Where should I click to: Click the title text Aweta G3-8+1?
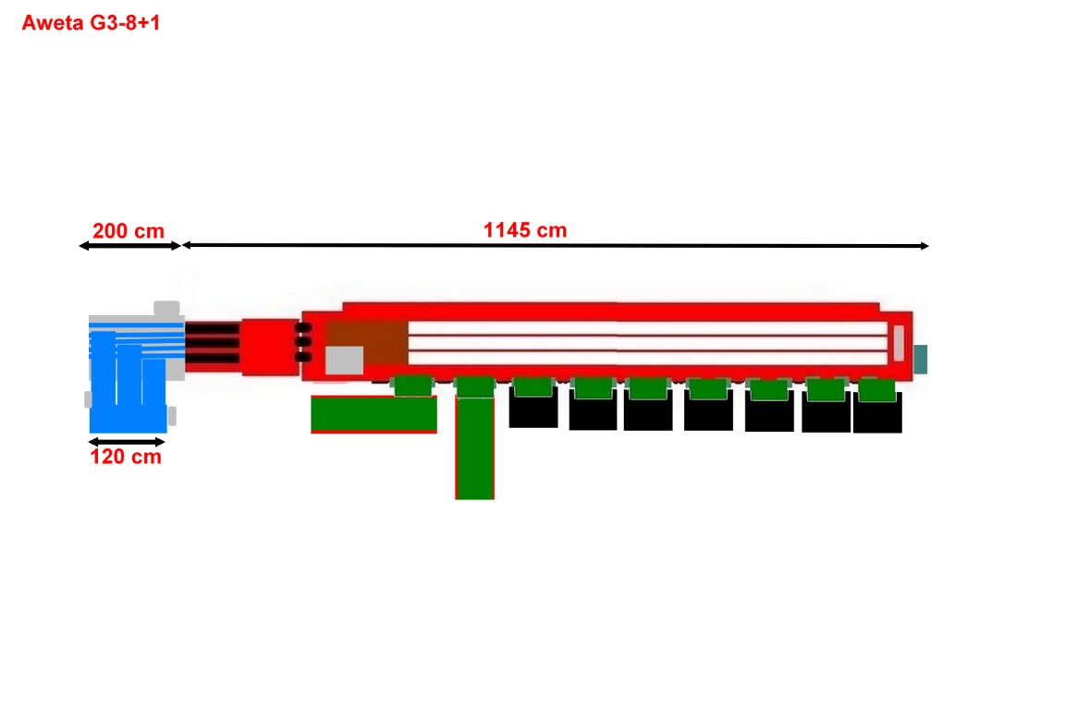(x=91, y=22)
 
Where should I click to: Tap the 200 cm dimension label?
(x=129, y=231)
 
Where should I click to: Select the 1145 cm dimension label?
(x=525, y=230)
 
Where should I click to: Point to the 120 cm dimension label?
(x=126, y=457)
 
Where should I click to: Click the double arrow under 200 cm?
(x=129, y=246)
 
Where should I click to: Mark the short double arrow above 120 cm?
(x=127, y=442)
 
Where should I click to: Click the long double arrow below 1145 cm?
(x=556, y=245)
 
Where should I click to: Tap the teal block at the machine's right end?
(x=921, y=360)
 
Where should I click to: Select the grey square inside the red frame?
(x=344, y=361)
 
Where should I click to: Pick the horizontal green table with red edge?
(x=373, y=414)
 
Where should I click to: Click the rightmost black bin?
(x=877, y=412)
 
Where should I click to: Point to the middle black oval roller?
(x=303, y=342)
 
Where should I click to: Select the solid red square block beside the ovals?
(x=270, y=347)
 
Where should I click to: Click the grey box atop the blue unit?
(x=167, y=309)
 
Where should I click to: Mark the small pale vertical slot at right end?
(x=899, y=343)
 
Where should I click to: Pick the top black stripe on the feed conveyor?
(x=213, y=329)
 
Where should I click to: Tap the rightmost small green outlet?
(x=876, y=390)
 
